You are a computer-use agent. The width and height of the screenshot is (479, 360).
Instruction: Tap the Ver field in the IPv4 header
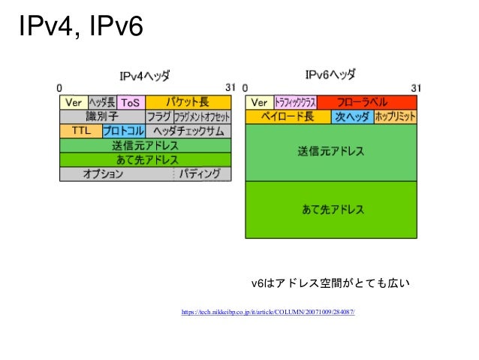[73, 102]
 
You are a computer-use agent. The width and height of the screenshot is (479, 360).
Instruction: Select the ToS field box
[130, 102]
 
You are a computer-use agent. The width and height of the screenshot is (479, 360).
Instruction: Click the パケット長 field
[188, 102]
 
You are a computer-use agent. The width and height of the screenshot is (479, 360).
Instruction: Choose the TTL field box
[80, 131]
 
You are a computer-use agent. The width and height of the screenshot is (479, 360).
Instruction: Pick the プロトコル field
[123, 131]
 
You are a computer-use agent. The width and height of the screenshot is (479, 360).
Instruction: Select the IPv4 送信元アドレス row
[146, 145]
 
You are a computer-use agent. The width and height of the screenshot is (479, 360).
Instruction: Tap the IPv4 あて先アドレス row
[146, 159]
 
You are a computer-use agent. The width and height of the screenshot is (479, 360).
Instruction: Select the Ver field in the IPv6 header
[259, 102]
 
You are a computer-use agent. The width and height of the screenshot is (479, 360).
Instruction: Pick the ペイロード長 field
[288, 116]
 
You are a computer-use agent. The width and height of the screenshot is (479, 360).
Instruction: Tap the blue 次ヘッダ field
[351, 116]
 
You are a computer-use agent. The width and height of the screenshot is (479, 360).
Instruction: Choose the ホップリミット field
[393, 116]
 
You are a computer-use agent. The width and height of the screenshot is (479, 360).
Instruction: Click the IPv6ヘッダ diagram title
[330, 75]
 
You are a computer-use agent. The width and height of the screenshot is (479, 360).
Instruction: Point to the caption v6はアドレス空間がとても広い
[330, 283]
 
